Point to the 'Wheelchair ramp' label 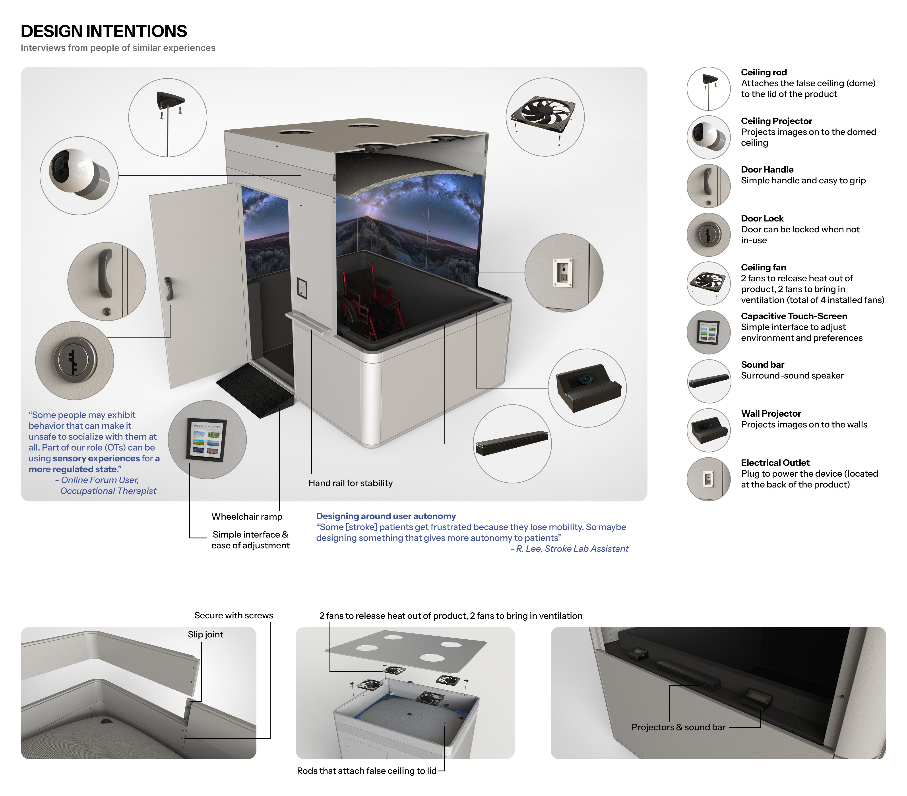point(247,516)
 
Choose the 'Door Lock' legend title point(762,218)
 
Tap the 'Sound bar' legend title point(762,365)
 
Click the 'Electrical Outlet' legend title point(775,463)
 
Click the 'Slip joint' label point(205,634)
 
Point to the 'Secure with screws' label point(233,615)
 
